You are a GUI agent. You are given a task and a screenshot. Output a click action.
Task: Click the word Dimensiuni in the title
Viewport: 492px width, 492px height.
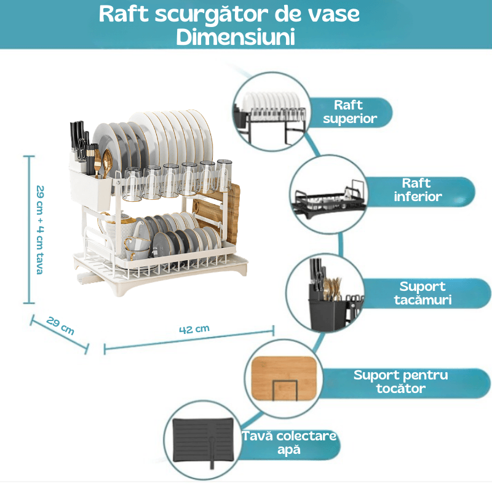[236, 36]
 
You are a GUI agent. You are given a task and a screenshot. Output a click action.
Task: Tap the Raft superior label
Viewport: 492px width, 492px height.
[349, 112]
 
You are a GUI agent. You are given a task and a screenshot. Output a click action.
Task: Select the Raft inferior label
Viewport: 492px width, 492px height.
[416, 190]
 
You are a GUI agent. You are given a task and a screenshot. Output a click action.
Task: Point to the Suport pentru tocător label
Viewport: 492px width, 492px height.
[400, 381]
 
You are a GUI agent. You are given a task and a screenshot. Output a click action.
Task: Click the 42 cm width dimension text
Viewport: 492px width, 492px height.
[194, 328]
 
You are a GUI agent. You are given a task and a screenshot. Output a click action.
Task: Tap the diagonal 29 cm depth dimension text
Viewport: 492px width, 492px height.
[60, 326]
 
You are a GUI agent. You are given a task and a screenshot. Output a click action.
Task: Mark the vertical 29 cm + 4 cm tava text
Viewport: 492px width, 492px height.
[39, 229]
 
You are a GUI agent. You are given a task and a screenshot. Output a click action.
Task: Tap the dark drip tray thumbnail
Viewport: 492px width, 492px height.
[204, 438]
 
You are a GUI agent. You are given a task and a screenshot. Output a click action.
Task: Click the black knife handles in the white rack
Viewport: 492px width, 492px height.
[79, 137]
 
